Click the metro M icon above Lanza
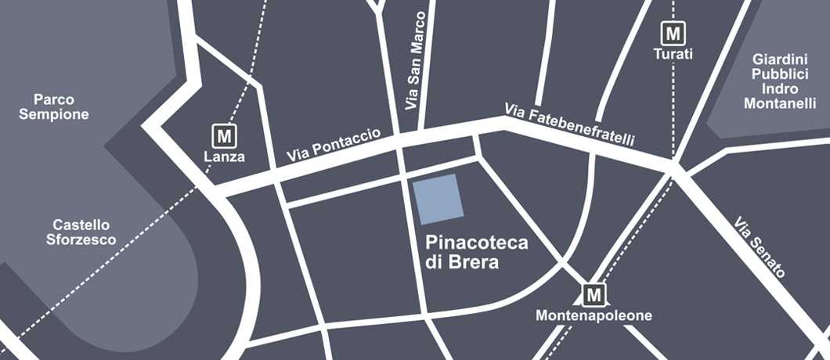click(x=225, y=135)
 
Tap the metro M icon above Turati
click(x=672, y=33)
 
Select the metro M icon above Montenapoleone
click(x=594, y=295)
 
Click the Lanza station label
click(x=225, y=157)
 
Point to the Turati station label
click(x=673, y=54)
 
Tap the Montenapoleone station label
click(x=594, y=316)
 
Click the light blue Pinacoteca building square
click(x=438, y=199)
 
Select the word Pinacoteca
click(x=476, y=243)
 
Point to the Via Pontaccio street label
click(x=333, y=146)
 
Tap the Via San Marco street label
click(x=417, y=61)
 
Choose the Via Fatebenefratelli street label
click(x=570, y=124)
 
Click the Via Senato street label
click(x=760, y=247)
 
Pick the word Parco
click(x=54, y=99)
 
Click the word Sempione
click(x=54, y=114)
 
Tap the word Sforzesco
click(x=76, y=239)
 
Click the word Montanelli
click(x=780, y=103)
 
